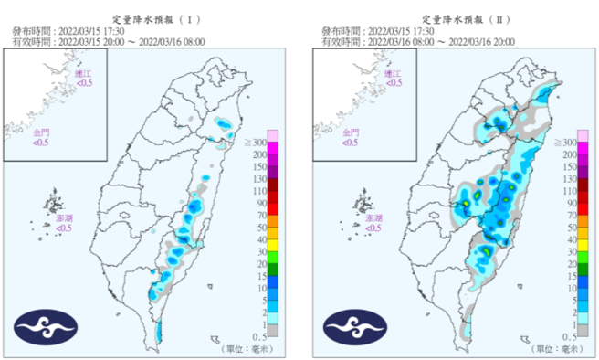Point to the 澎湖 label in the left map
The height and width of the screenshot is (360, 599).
click(65, 220)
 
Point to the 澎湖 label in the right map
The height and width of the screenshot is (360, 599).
click(373, 220)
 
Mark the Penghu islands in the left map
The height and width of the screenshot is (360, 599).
click(54, 203)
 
